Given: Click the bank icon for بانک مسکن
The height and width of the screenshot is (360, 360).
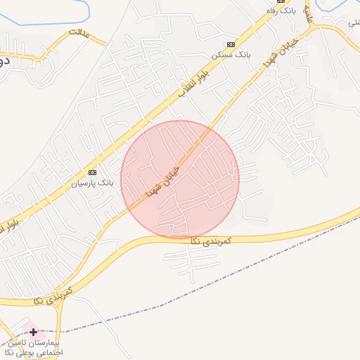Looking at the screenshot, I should click(212, 44).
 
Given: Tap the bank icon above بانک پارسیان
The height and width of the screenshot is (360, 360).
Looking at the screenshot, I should click(91, 172).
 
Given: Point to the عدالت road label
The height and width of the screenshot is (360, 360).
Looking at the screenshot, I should click(80, 34).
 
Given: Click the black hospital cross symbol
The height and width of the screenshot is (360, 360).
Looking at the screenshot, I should click(33, 331).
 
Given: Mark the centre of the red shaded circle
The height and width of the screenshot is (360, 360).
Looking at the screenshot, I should click(180, 179).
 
